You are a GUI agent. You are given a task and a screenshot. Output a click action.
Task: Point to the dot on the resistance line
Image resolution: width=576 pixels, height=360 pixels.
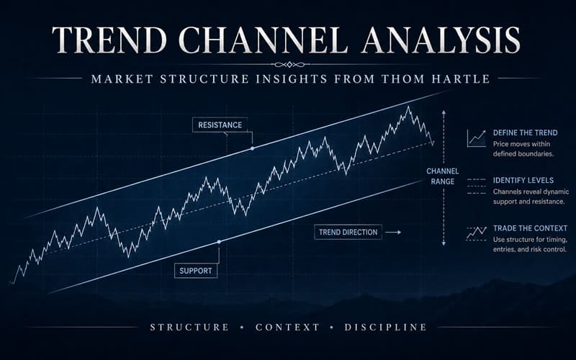click(x=252, y=148)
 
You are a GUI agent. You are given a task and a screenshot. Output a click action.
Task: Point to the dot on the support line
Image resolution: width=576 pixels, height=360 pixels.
click(x=219, y=241)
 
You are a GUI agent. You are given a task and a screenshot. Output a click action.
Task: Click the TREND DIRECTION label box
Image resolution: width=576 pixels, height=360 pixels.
click(x=348, y=233)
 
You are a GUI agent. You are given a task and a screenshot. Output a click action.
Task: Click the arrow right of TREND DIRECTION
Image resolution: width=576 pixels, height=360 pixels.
click(x=392, y=233)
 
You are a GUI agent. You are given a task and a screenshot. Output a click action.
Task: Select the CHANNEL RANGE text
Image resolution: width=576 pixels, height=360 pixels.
click(x=443, y=177)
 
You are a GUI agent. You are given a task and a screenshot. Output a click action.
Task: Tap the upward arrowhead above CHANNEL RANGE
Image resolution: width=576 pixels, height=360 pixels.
click(x=444, y=113)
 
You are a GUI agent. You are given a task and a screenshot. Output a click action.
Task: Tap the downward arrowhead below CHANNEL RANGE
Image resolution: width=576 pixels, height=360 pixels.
click(x=444, y=245)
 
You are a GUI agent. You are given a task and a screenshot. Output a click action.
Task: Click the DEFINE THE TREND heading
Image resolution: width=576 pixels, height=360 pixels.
click(x=525, y=133)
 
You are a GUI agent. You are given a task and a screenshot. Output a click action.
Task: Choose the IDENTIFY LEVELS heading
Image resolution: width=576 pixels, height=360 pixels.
click(x=523, y=179)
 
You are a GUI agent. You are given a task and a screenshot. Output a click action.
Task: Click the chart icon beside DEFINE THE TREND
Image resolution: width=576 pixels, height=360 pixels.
click(x=475, y=138)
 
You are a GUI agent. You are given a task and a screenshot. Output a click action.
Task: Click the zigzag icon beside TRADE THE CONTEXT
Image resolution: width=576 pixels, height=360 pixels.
click(x=475, y=233)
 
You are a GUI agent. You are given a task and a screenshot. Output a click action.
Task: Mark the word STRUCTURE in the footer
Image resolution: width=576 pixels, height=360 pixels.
click(x=189, y=328)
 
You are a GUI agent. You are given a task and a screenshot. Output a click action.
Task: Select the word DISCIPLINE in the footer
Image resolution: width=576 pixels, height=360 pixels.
click(x=385, y=328)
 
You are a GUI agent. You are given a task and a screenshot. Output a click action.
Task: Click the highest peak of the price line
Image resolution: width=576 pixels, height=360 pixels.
click(x=408, y=107)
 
